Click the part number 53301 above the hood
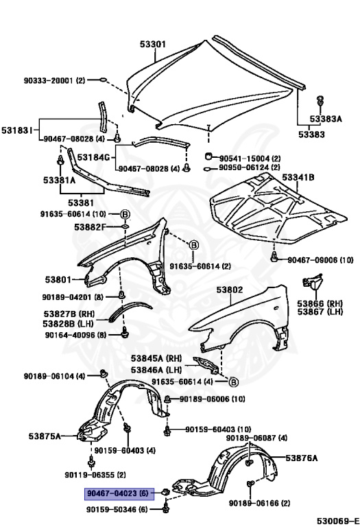click(154, 44)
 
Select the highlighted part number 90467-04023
click(110, 493)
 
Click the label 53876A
click(301, 458)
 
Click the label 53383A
click(325, 119)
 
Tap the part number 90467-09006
click(320, 260)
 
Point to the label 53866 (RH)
click(320, 303)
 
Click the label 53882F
click(90, 227)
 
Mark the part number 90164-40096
click(75, 336)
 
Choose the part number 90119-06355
click(95, 475)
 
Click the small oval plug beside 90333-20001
click(102, 80)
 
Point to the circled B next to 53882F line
click(125, 214)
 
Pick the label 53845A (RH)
click(157, 358)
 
